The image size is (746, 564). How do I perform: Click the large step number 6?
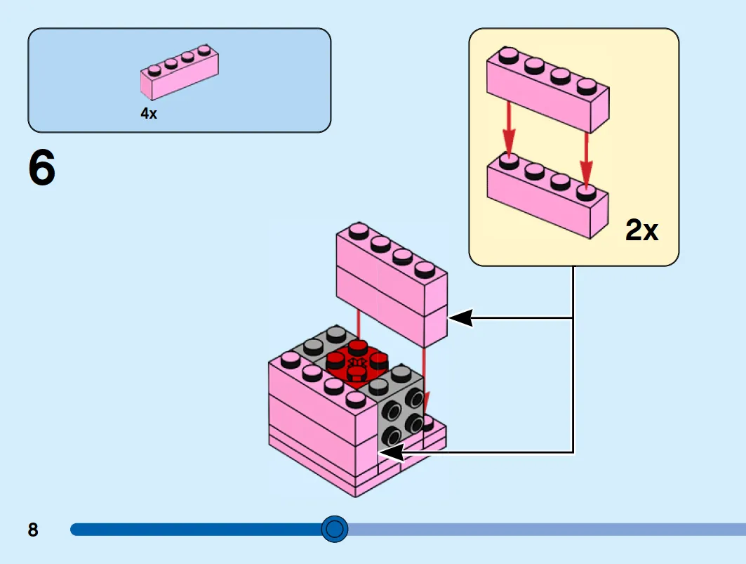pyautogui.click(x=42, y=168)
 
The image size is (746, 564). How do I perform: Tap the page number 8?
pyautogui.click(x=33, y=530)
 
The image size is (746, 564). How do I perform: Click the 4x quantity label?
pyautogui.click(x=149, y=113)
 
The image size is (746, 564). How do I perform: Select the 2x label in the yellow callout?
pyautogui.click(x=642, y=230)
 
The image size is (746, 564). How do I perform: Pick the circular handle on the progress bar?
pyautogui.click(x=335, y=529)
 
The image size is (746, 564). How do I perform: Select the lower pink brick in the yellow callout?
pyautogui.click(x=547, y=195)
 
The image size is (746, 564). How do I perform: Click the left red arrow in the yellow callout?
pyautogui.click(x=509, y=129)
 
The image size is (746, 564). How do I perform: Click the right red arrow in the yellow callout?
pyautogui.click(x=586, y=159)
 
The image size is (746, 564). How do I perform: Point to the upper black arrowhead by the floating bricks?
pyautogui.click(x=460, y=317)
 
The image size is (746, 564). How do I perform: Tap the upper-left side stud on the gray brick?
pyautogui.click(x=393, y=409)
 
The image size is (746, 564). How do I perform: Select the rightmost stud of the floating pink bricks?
pyautogui.click(x=425, y=270)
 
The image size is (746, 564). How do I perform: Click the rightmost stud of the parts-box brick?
pyautogui.click(x=205, y=50)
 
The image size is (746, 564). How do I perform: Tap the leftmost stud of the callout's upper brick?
pyautogui.click(x=508, y=54)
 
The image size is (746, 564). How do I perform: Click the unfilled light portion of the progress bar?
pyautogui.click(x=547, y=529)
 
